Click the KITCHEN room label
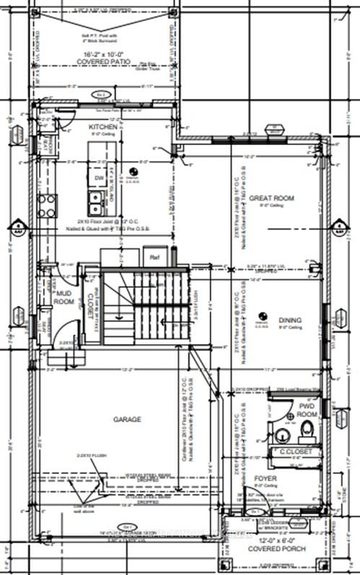click(103, 126)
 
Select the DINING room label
click(291, 320)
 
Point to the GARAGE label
click(126, 419)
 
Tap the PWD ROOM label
click(307, 411)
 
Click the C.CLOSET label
click(294, 452)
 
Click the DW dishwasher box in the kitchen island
click(99, 177)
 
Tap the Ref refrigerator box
click(154, 256)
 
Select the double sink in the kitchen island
click(95, 198)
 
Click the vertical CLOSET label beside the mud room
click(92, 304)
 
